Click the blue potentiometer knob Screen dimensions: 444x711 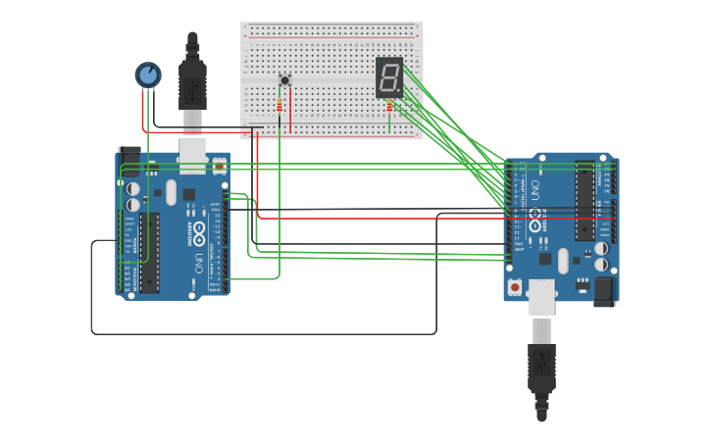tap(148, 74)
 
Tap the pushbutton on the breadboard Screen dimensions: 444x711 tap(284, 80)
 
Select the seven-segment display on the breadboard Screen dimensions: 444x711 tap(388, 77)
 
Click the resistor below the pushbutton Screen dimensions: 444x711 tap(279, 105)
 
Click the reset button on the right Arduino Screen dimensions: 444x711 tap(515, 287)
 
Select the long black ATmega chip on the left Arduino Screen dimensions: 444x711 tap(149, 252)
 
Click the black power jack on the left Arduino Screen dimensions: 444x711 tap(128, 163)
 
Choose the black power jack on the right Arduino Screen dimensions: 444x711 tap(605, 290)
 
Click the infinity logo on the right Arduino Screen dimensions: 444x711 tap(535, 217)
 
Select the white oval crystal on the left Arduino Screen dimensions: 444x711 tap(171, 192)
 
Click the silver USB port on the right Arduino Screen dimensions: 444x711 tap(541, 296)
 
